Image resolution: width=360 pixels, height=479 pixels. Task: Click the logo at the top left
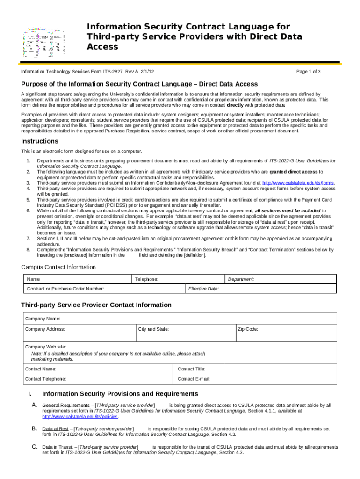coord(42,41)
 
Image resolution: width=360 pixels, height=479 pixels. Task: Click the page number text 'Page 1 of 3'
coord(309,72)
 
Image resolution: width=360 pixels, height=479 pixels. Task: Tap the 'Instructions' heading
coord(40,141)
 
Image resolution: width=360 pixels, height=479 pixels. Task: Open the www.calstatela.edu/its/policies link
coord(80,416)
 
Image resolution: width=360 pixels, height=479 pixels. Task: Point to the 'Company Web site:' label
coord(45,347)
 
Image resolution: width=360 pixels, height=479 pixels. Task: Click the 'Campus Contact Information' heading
coord(58,267)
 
